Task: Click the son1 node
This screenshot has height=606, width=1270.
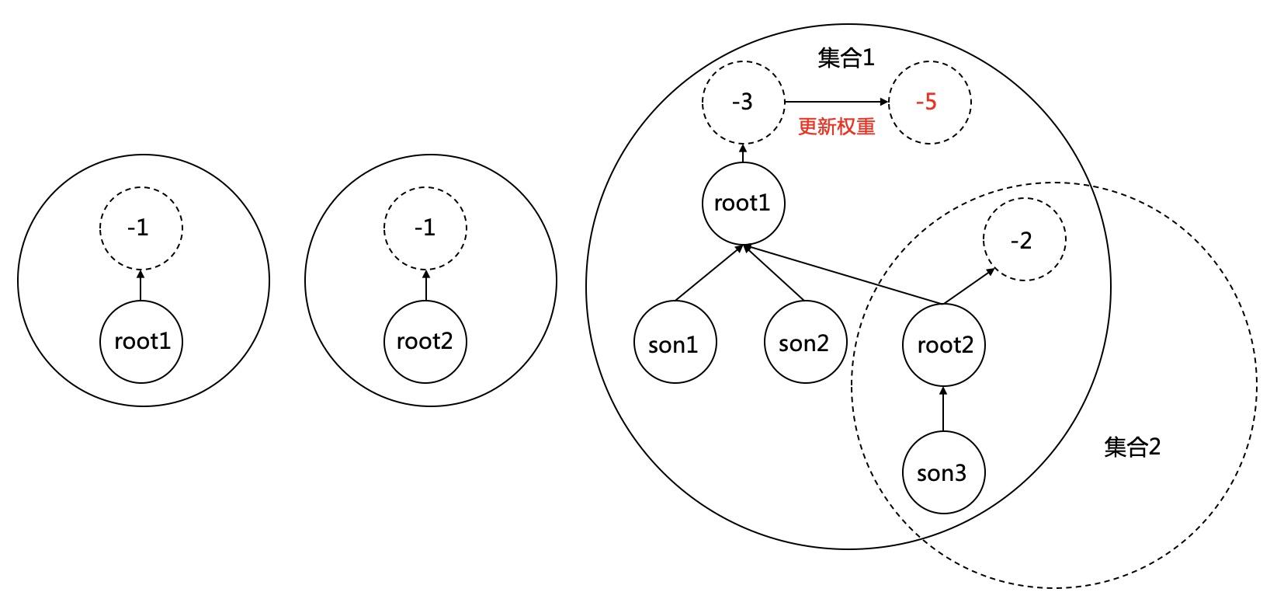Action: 674,343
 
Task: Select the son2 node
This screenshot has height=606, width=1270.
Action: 803,343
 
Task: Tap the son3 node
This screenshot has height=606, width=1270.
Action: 943,472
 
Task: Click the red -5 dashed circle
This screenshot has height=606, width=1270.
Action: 928,102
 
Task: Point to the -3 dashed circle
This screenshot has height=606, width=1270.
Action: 742,102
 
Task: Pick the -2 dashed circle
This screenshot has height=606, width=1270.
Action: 1024,240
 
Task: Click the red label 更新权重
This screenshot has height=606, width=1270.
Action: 836,127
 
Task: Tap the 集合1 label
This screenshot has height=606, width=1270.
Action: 846,58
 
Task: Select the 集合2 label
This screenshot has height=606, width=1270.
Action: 1132,447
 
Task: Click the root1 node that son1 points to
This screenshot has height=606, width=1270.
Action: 742,204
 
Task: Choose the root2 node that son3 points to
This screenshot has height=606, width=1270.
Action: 943,344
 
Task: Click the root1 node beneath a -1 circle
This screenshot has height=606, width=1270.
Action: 141,342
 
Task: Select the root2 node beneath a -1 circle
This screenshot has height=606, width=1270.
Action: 425,342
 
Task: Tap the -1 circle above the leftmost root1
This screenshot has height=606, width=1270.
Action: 141,228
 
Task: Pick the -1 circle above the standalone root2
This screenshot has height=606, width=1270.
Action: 425,228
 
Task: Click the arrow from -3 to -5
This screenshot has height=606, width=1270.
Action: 836,102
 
